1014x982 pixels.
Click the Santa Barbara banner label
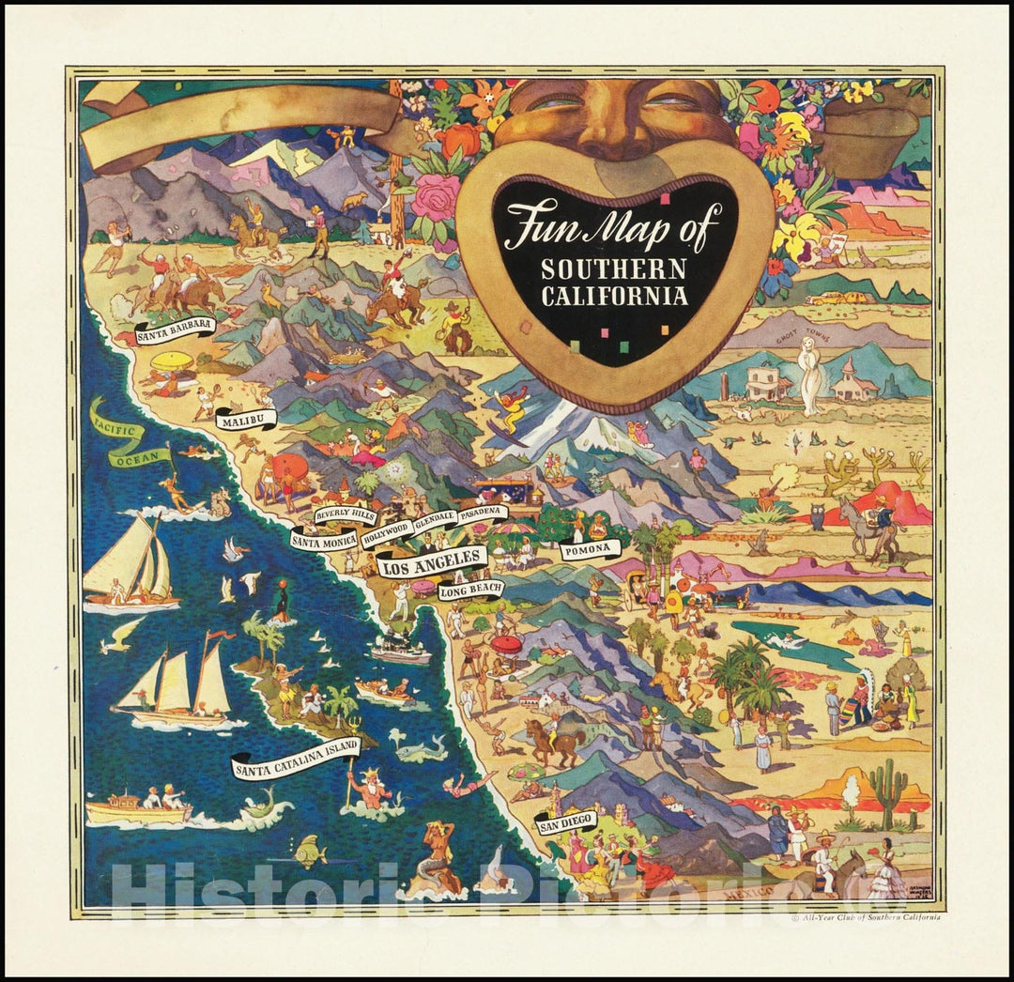click(x=175, y=329)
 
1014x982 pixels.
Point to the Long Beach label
click(x=470, y=590)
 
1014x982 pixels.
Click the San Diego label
click(x=566, y=822)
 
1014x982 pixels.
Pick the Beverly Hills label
click(x=346, y=515)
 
